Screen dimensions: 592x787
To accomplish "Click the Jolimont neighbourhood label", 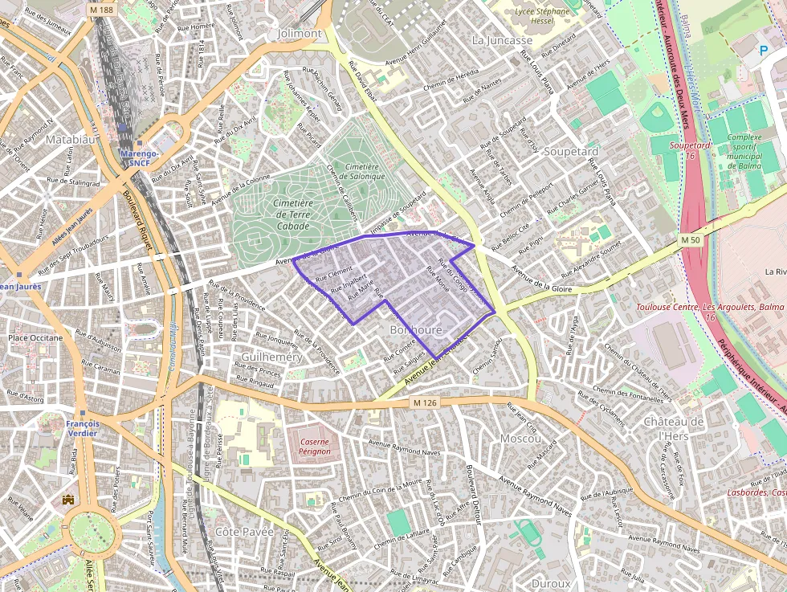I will point(299,34).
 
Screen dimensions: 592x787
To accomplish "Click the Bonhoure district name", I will point(415,330).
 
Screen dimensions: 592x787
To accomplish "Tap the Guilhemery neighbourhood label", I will point(271,356).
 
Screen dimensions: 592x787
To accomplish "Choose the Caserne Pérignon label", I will point(309,446).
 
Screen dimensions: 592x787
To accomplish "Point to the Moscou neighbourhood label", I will point(520,439).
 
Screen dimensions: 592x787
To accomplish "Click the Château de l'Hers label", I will point(673,428).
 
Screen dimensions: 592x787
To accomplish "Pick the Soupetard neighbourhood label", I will point(571,151).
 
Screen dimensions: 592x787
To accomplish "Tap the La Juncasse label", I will point(502,40).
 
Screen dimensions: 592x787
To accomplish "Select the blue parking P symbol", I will point(763,50).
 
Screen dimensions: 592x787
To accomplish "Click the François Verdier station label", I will point(83,428).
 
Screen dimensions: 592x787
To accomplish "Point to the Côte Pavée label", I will point(245,532).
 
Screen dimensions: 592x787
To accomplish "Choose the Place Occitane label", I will point(35,337).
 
